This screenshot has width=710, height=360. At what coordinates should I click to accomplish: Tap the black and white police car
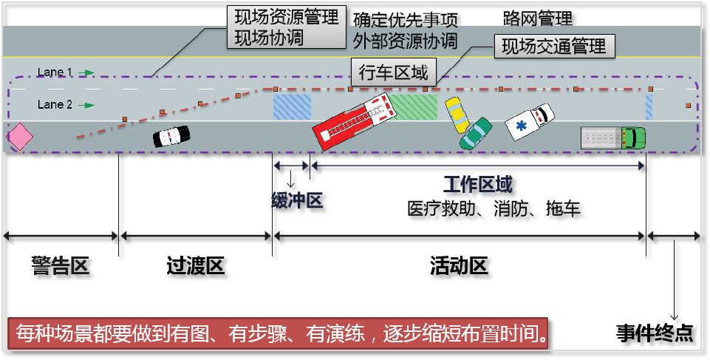[171, 136]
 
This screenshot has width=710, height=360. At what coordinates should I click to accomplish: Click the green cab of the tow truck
[634, 137]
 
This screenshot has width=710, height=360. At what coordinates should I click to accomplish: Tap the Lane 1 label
[55, 72]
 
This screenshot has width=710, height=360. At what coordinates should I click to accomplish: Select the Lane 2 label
[55, 105]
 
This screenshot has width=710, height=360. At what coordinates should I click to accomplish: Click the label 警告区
[60, 266]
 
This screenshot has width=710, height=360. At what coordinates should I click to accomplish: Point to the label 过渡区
[195, 266]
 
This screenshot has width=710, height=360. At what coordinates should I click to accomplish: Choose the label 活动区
[459, 266]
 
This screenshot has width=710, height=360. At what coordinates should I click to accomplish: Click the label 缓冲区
[297, 200]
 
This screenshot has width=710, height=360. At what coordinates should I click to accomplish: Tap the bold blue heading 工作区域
[477, 184]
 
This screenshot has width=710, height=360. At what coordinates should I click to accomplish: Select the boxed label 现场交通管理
[553, 47]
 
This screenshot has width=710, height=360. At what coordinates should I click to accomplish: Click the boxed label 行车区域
[393, 72]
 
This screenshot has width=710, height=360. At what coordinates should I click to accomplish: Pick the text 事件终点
[655, 333]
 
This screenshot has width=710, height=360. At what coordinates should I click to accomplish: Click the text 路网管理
[537, 18]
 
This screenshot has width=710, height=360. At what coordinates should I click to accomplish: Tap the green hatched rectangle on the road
[414, 106]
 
